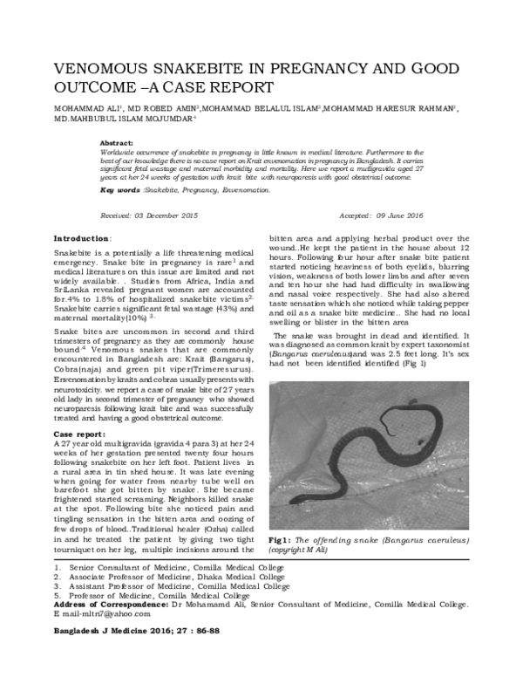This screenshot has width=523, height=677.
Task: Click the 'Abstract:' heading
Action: click(117, 141)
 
